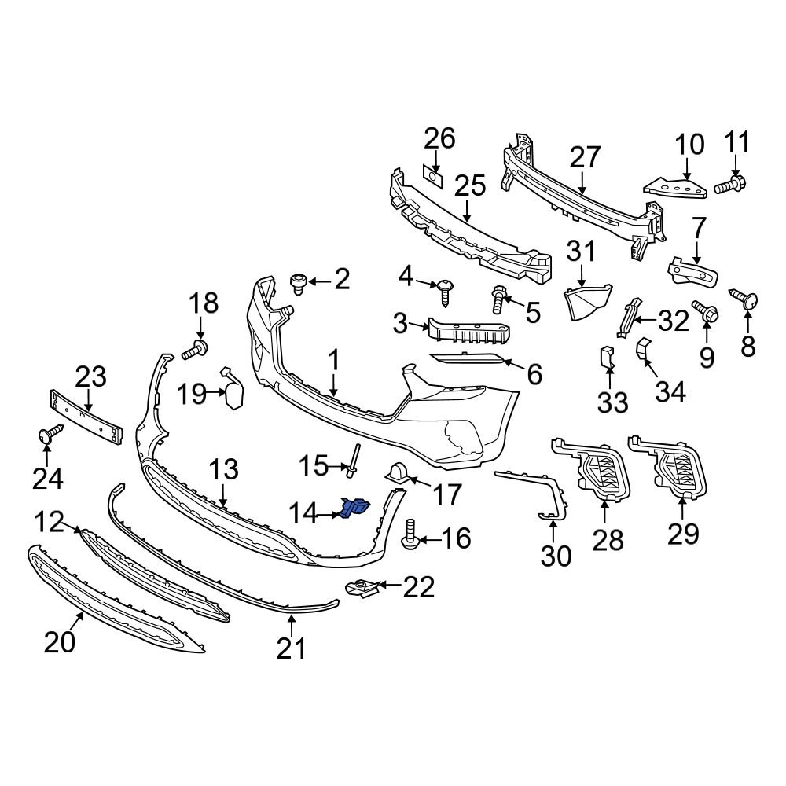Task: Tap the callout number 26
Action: pos(439,139)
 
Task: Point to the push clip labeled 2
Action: pos(299,282)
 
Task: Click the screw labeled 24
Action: pos(47,434)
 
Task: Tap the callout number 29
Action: pos(682,534)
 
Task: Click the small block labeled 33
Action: pos(607,358)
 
